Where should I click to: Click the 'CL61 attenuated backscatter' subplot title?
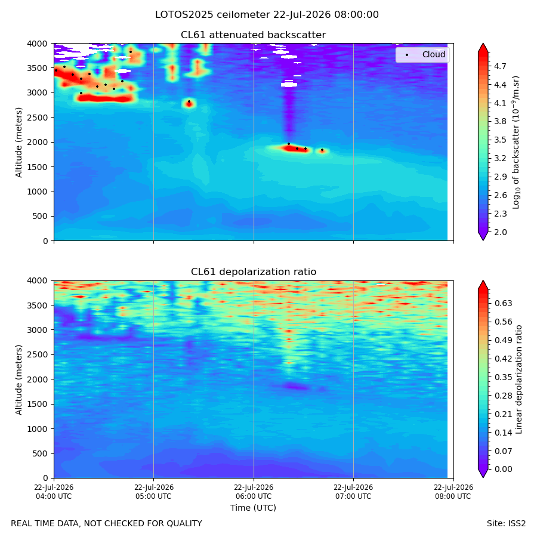tap(253, 35)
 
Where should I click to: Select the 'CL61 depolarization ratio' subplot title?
tap(254, 272)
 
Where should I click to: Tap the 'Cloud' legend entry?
tap(434, 54)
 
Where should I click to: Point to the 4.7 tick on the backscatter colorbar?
tap(500, 66)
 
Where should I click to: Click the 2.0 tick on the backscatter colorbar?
tap(500, 232)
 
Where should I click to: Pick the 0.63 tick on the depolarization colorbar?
tap(504, 304)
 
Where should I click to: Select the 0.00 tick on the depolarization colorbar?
tap(504, 469)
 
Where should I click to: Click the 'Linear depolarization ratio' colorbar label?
tap(519, 379)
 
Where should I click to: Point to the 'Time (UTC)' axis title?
tap(253, 508)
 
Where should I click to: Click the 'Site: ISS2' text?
tap(506, 523)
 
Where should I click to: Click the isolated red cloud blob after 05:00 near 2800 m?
tap(189, 104)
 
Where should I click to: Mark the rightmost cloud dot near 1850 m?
tap(322, 150)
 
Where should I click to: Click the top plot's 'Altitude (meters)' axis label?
tap(18, 142)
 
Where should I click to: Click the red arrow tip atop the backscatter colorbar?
tap(483, 44)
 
